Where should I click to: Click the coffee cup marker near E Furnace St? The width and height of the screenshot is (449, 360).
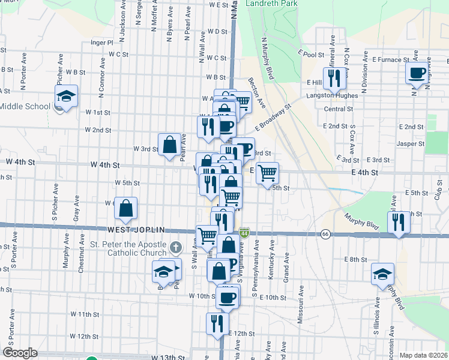point(417,74)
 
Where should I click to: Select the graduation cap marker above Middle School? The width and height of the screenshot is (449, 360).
point(66,96)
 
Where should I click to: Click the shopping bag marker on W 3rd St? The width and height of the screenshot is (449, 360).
point(169,144)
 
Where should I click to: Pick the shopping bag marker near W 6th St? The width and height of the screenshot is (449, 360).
point(126,209)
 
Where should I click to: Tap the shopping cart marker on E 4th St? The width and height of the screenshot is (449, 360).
point(268,173)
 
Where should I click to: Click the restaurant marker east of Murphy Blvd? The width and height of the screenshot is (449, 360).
point(399,222)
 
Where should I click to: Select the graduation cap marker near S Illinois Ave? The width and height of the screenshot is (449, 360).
point(382,274)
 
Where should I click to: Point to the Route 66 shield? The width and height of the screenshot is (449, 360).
point(325,233)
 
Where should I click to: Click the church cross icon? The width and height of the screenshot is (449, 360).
point(175,247)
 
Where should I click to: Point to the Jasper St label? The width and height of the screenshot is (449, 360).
point(411,144)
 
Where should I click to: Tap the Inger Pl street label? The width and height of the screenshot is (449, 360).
point(101,43)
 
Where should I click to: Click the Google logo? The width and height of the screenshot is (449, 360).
point(19,353)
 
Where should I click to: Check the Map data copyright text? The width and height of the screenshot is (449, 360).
point(423,355)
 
